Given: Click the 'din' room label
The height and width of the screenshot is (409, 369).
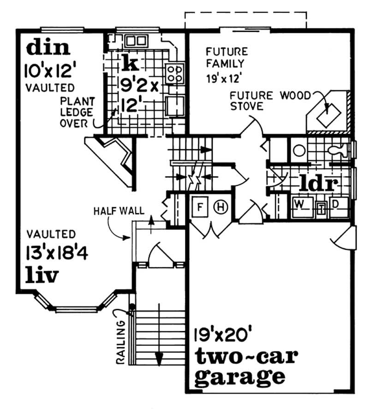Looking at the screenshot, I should (48, 48).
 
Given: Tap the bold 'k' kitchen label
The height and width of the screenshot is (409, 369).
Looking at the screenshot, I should (126, 63).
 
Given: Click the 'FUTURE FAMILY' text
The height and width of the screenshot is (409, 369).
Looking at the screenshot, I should (226, 57).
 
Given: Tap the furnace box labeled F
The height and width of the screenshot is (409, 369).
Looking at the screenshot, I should (201, 206).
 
